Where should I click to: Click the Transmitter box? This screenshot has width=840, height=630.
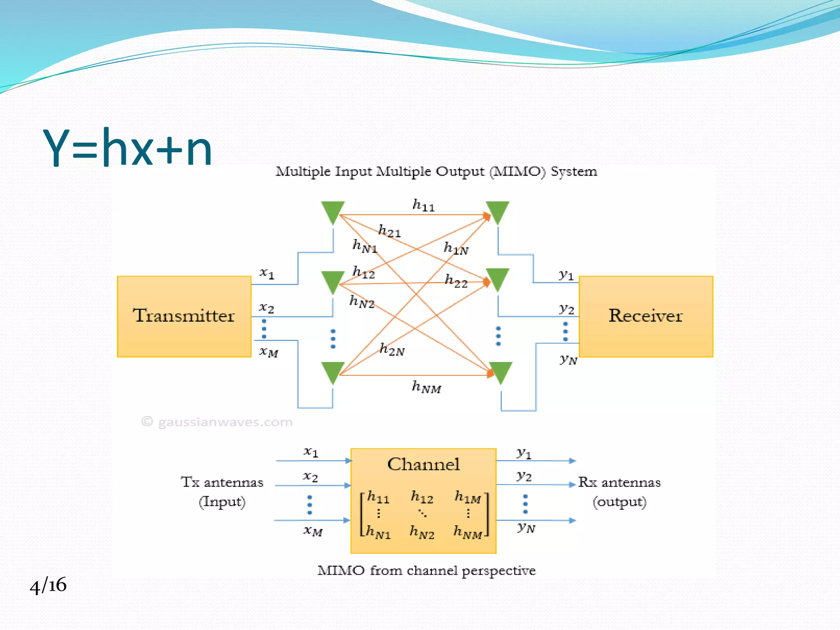click(184, 316)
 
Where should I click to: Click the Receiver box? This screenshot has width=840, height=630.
click(646, 316)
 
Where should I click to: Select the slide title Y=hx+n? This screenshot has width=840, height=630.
click(128, 148)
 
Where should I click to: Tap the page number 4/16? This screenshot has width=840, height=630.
click(48, 585)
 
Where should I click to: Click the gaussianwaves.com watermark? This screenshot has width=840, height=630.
click(217, 422)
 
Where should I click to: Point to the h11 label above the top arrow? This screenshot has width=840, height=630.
click(423, 205)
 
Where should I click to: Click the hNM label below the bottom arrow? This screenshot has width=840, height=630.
click(426, 387)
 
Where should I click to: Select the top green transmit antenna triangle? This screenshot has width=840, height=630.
click(333, 211)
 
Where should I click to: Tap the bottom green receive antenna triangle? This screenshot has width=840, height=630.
click(501, 371)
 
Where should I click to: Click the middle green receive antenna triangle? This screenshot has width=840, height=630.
click(498, 278)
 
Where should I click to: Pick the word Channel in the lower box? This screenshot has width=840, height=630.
click(423, 464)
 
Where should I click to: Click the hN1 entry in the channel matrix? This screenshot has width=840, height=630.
click(378, 532)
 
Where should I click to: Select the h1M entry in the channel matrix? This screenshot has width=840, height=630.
click(468, 498)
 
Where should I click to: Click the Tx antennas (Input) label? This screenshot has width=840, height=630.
click(222, 491)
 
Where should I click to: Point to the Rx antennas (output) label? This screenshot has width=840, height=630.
click(619, 491)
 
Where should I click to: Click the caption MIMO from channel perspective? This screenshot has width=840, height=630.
click(427, 571)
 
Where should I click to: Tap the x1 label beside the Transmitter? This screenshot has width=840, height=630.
click(267, 273)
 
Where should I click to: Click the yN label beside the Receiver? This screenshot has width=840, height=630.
click(568, 360)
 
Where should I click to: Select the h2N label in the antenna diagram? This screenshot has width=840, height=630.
click(392, 349)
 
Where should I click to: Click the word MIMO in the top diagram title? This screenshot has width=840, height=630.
click(518, 171)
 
